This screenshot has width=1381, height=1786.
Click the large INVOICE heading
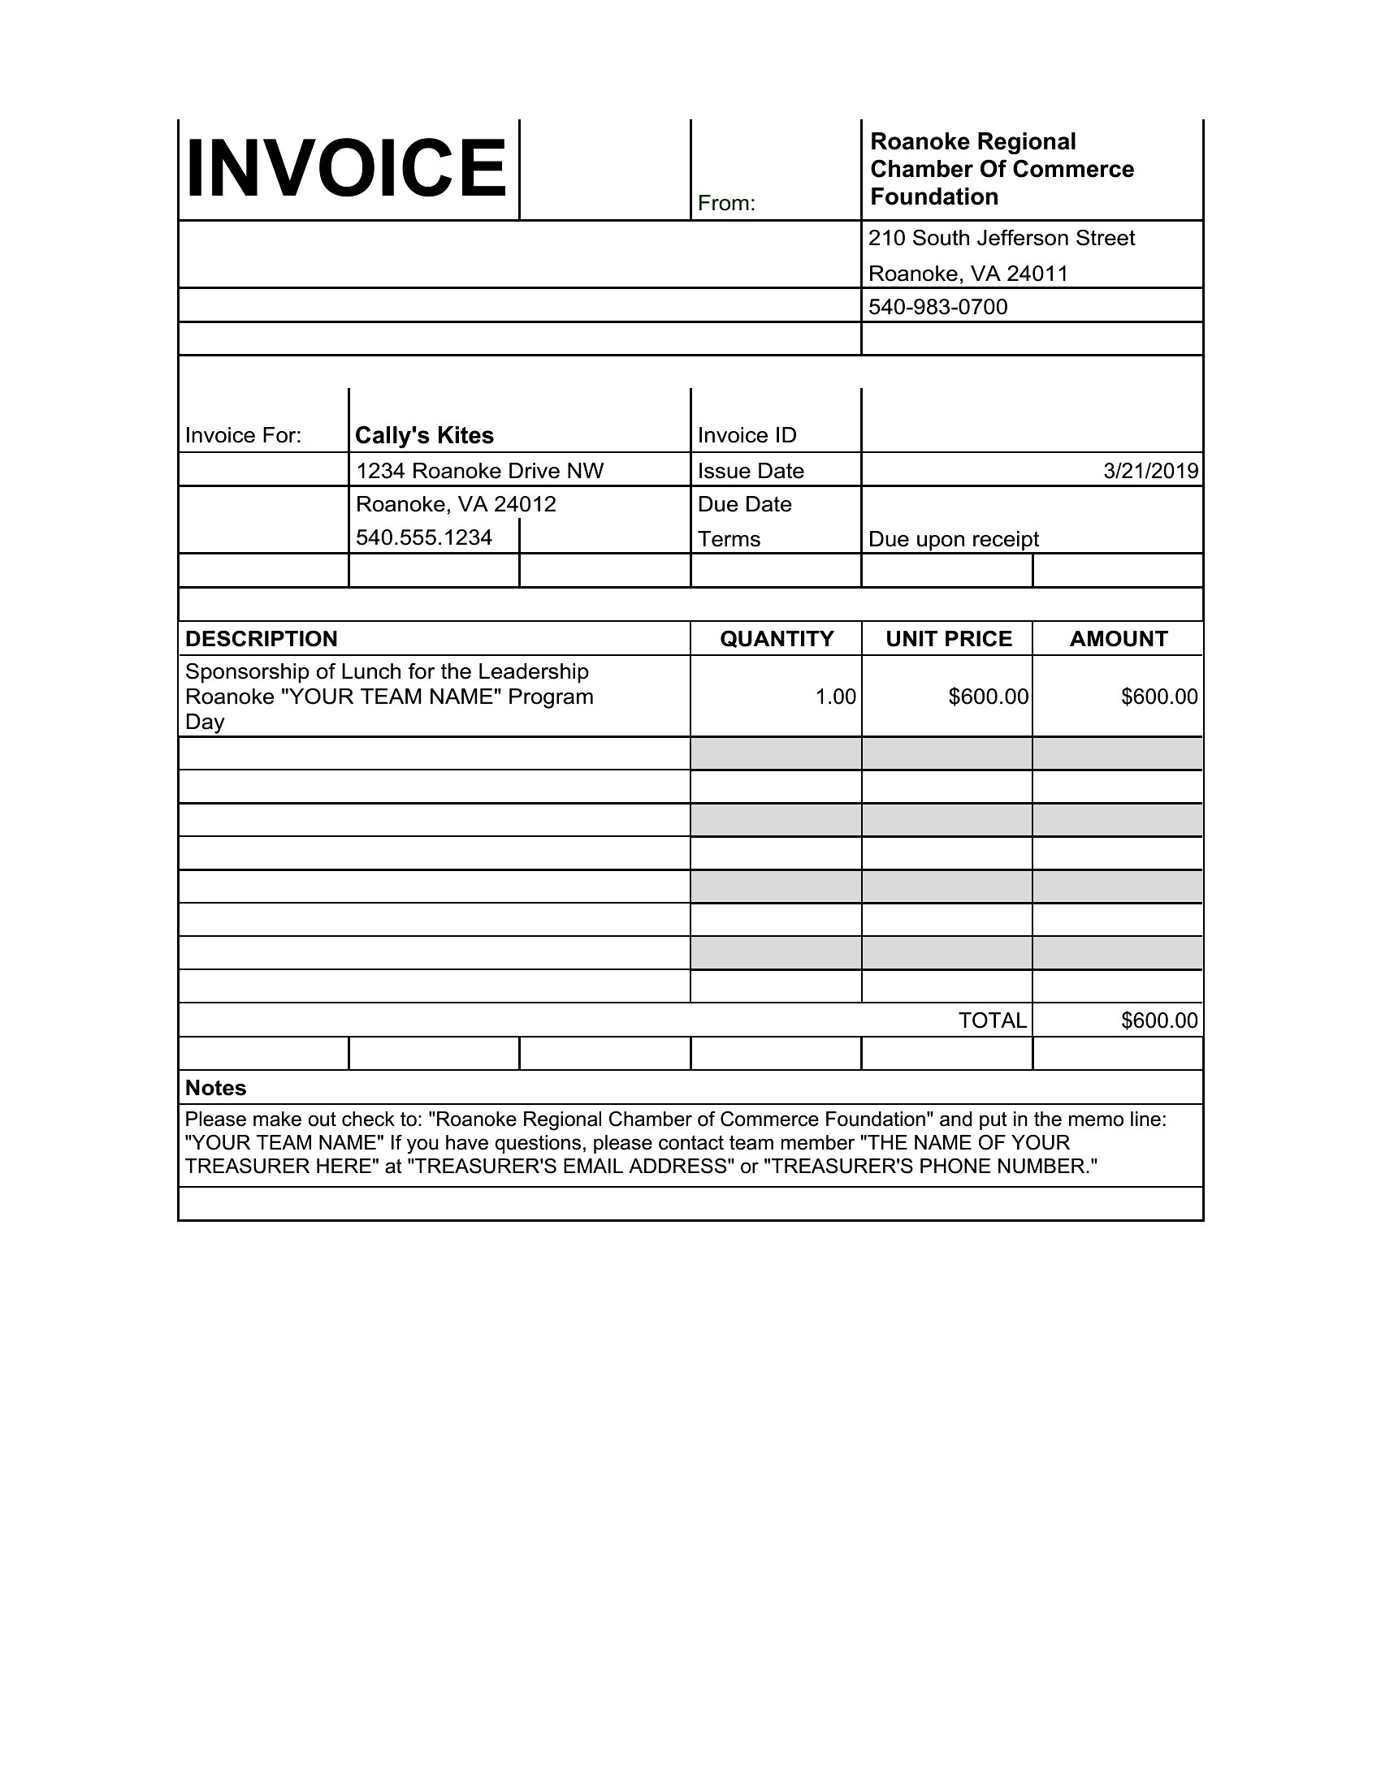point(347,169)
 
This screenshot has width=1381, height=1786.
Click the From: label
point(725,204)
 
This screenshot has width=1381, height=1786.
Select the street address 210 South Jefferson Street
point(1001,238)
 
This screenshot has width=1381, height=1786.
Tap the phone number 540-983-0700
point(937,307)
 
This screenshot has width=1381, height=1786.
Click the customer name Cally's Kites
point(424,435)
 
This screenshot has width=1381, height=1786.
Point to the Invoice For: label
point(243,435)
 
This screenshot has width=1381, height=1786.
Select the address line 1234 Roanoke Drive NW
point(479,471)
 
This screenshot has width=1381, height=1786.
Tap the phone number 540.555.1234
point(424,537)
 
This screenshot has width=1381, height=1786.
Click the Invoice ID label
point(746,435)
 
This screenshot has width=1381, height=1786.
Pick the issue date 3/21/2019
point(1150,471)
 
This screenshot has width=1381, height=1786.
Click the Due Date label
point(743,504)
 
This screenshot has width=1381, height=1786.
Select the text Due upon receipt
point(953,539)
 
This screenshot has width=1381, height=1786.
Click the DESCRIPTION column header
point(261,639)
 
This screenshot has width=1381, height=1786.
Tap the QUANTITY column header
point(777,639)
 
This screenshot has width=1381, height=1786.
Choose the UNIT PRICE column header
point(948,639)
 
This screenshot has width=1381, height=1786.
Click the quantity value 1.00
point(835,697)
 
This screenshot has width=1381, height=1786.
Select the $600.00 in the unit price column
point(988,697)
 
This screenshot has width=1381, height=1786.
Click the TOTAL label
point(992,1020)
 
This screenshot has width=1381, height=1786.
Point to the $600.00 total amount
point(1158,1020)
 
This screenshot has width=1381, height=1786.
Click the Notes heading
point(215,1088)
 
